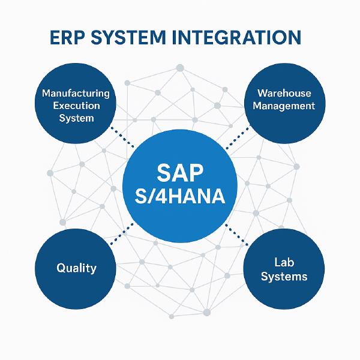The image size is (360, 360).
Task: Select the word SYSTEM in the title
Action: [x=128, y=37]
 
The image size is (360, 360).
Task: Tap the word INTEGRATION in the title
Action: [x=236, y=37]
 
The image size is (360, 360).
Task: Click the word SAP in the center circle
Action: [x=180, y=173]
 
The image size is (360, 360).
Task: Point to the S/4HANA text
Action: [x=180, y=196]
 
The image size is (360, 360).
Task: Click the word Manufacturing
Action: [x=76, y=94]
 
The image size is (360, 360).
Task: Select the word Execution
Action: [x=76, y=106]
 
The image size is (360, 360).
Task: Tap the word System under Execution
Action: [x=76, y=118]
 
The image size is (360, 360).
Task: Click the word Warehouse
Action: [x=284, y=93]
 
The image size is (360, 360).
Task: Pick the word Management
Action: [x=284, y=106]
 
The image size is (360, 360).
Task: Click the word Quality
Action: [x=76, y=268]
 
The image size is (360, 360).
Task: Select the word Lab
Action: [x=284, y=262]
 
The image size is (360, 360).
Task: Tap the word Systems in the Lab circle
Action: [x=284, y=276]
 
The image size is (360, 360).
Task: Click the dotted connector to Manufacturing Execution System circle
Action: [x=122, y=137]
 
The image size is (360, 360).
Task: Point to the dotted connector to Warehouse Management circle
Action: [x=238, y=137]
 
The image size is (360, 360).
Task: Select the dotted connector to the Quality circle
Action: [x=122, y=233]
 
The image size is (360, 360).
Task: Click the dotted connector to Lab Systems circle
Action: [x=237, y=234]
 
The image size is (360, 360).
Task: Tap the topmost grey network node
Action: [x=180, y=68]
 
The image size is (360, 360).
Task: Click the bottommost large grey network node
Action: [x=207, y=312]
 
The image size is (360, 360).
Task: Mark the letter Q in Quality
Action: [x=61, y=268]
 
